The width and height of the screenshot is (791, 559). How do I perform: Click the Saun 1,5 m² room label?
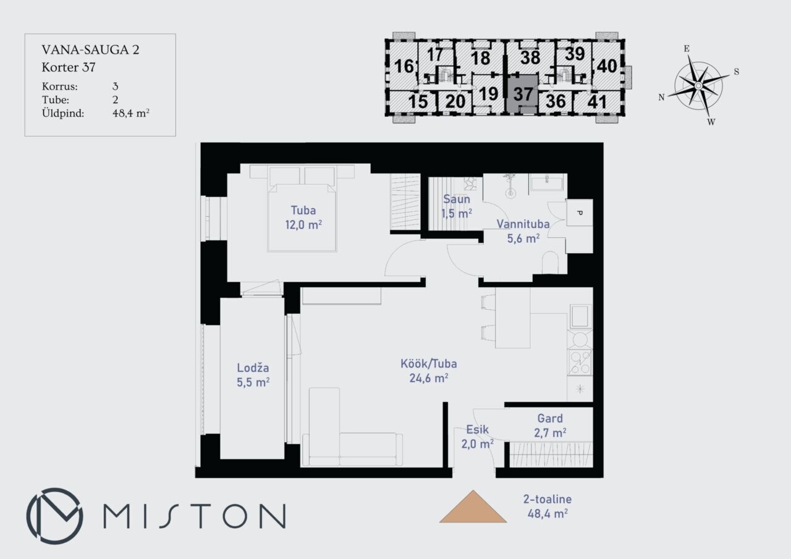click(457, 206)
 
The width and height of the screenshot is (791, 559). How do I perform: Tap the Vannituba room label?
click(523, 224)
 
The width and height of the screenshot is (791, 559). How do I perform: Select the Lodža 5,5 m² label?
click(253, 375)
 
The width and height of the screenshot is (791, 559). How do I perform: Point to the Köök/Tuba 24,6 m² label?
click(429, 371)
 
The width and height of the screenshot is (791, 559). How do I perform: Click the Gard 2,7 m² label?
click(550, 426)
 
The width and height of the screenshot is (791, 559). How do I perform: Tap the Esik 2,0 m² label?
click(478, 437)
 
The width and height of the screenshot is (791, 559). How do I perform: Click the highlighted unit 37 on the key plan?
click(523, 95)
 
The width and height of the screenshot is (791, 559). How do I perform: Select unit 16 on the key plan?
click(404, 66)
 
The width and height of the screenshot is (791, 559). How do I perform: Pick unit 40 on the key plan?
click(607, 66)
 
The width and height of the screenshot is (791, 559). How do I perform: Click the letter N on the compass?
click(661, 97)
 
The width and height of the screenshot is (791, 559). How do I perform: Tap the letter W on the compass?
click(711, 122)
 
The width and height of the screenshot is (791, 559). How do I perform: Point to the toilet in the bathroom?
click(550, 263)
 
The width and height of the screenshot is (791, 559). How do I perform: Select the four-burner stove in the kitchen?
click(580, 363)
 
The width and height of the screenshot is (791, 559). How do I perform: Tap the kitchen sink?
click(580, 316)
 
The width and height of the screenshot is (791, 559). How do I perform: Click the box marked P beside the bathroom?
click(580, 212)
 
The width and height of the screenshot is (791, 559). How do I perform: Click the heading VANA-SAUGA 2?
click(90, 50)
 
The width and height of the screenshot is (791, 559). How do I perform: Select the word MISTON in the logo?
click(195, 516)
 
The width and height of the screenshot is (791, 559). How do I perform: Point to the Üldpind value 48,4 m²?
click(130, 113)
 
